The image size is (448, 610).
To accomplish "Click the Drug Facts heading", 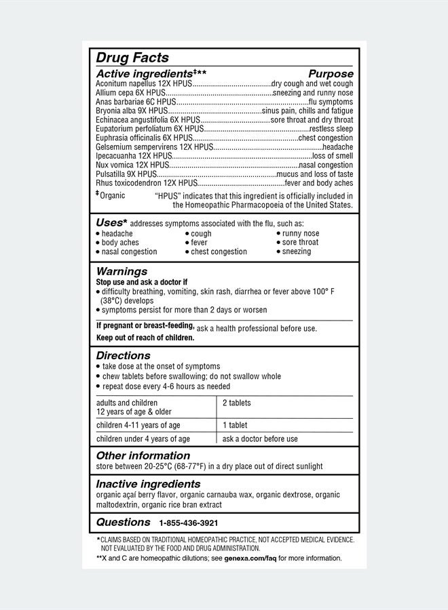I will coord(132,58).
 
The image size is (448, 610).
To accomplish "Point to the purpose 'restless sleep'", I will coord(331,129).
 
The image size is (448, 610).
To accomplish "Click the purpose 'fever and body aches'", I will coord(319,183).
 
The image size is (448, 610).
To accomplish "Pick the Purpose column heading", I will coord(331,73).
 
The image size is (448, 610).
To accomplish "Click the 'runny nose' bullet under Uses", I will coord(301,233).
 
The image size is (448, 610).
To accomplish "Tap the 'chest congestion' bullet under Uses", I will coord(219,251).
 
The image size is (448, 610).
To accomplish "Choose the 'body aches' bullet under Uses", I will coord(120,243).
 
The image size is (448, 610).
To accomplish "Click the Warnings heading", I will coord(122,271).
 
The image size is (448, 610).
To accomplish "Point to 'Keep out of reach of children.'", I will coord(145,338).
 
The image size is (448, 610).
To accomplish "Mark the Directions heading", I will coord(123,355).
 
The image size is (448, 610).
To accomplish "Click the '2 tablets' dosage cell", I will coord(237,403).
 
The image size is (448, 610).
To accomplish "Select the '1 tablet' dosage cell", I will coord(235,425).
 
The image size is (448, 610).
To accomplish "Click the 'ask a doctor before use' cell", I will coord(260,439).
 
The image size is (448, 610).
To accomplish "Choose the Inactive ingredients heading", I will coord(148,484).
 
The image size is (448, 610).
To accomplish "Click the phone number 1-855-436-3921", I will coord(189,523).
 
